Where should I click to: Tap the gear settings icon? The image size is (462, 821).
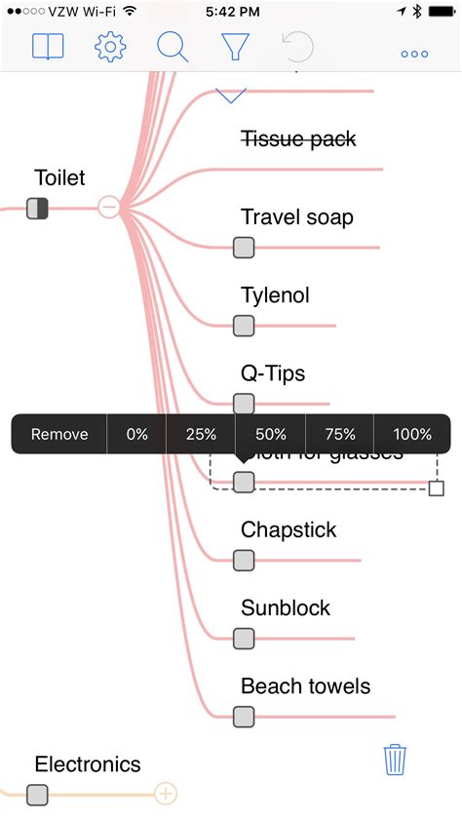(111, 47)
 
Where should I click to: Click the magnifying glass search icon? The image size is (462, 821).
(173, 47)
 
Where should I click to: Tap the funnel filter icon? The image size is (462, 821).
(235, 47)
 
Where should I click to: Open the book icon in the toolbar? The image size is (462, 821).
(48, 47)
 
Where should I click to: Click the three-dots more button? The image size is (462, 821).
(414, 54)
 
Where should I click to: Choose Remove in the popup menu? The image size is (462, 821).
(59, 435)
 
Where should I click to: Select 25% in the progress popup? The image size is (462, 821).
(201, 435)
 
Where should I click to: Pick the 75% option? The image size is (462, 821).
(340, 435)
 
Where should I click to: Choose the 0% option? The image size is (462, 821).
(136, 435)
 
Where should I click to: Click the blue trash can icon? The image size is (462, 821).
(395, 759)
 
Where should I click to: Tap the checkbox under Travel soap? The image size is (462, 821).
(244, 248)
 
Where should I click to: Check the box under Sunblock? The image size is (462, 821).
(244, 639)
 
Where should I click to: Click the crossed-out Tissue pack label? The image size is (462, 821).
(298, 139)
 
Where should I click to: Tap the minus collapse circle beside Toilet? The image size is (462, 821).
(109, 207)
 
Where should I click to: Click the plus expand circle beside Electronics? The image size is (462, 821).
(166, 794)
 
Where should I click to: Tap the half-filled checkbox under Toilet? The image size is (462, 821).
(37, 208)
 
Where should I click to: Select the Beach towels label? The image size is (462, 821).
(305, 686)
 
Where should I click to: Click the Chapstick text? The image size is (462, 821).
(289, 529)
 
